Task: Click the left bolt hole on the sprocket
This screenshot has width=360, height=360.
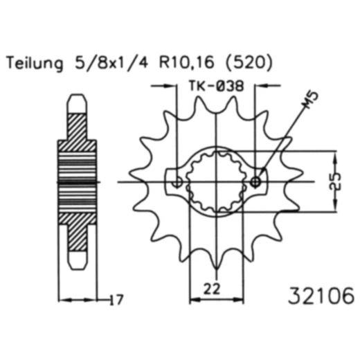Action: coord(178,182)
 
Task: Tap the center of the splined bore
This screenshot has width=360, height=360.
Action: coord(217,182)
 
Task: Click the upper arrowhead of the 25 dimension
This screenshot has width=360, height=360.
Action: coord(335,154)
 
